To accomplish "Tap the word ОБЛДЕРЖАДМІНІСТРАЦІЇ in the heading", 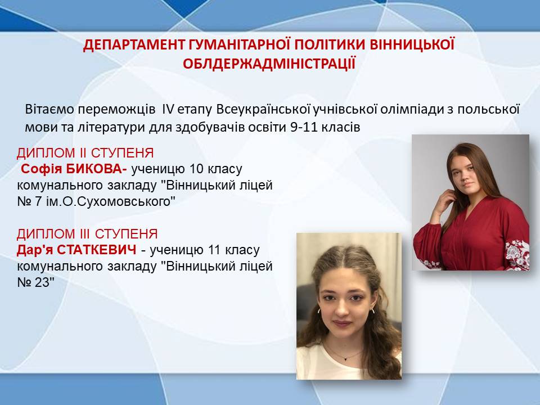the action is click(269, 64).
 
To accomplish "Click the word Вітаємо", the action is click(49, 109).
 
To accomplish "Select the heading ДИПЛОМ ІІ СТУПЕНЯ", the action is click(85, 153).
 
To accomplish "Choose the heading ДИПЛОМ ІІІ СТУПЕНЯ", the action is click(87, 234).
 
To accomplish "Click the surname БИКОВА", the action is click(97, 169).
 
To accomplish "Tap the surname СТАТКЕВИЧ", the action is click(97, 250).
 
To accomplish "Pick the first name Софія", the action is click(42, 169).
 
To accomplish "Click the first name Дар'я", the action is click(35, 250).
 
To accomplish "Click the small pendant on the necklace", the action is click(345, 358).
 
